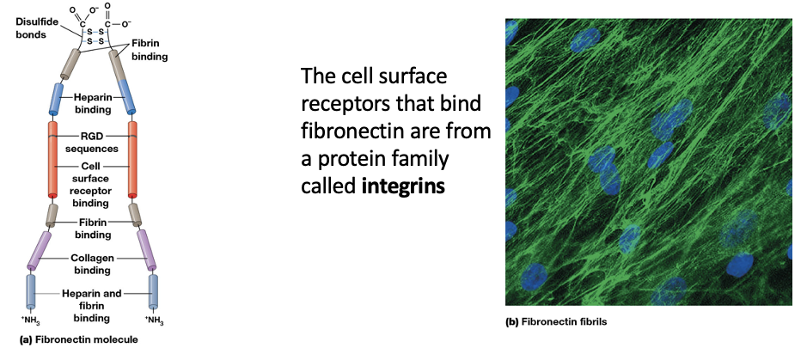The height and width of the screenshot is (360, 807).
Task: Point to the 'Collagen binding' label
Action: tap(92, 264)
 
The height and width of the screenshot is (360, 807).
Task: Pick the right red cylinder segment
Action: tap(134, 159)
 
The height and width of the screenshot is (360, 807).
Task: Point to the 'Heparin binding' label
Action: tap(92, 104)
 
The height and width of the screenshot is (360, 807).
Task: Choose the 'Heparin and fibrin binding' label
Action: tap(92, 305)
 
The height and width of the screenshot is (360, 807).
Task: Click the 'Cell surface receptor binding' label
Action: tap(92, 184)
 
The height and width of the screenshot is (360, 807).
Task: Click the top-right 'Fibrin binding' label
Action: tap(148, 49)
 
